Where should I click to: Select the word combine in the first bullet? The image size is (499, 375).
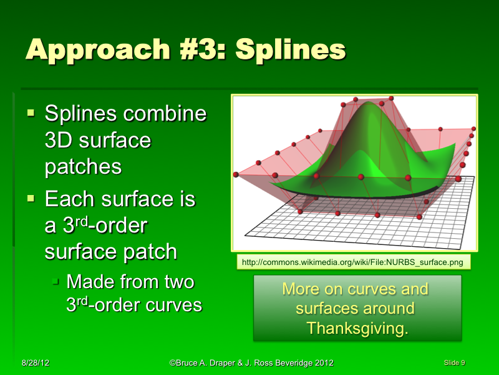point(165,114)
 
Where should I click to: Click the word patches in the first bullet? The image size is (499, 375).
point(83,167)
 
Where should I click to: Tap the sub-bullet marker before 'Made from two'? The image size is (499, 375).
point(56,282)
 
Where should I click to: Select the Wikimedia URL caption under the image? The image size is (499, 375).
point(354,262)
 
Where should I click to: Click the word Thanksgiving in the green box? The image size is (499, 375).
point(357,328)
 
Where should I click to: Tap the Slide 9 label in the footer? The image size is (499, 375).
point(454,362)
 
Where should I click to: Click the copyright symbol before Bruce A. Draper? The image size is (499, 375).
point(172,363)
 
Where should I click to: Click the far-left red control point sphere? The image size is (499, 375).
point(236,174)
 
